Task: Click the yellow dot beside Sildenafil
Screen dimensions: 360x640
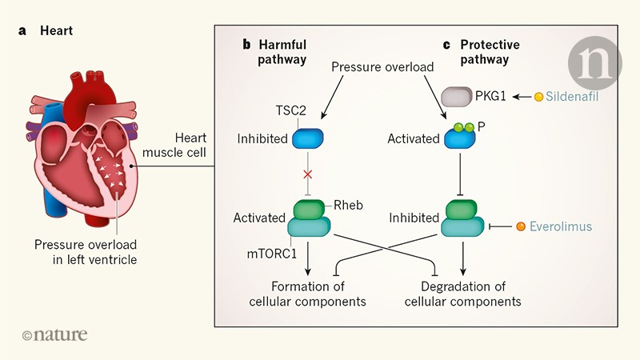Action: pos(539,97)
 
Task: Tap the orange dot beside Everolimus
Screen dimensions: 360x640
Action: pos(521,226)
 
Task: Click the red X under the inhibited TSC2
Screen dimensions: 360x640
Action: pos(309,174)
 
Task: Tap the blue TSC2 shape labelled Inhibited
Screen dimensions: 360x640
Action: pos(307,138)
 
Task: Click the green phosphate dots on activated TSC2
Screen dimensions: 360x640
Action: pos(463,126)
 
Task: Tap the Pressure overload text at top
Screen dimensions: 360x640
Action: pos(382,67)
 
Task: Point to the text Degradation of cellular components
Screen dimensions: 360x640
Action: pos(462,294)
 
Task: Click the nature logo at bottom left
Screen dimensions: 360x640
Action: pos(54,335)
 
